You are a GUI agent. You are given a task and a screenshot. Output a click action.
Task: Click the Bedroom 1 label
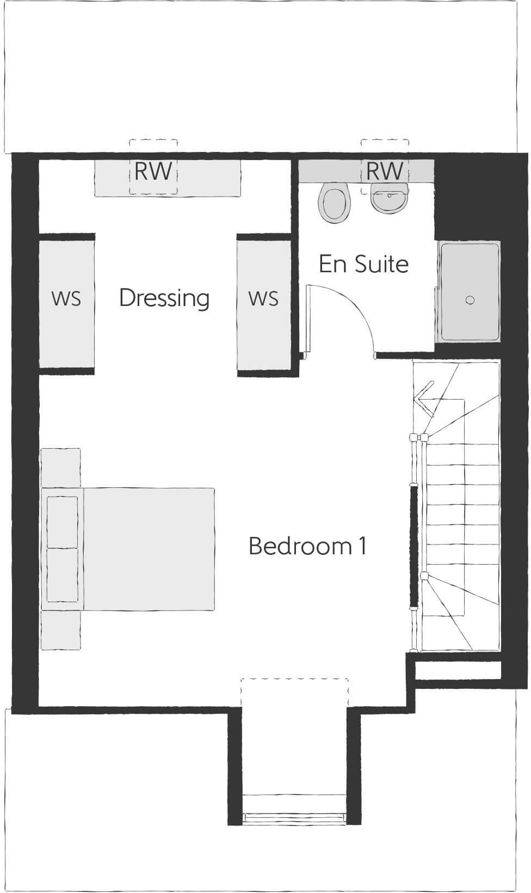pyautogui.click(x=307, y=546)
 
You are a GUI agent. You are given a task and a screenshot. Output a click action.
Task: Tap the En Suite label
pyautogui.click(x=363, y=264)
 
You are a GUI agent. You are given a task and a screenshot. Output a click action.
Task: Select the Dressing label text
pyautogui.click(x=164, y=298)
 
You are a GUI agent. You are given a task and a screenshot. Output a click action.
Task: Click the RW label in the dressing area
pyautogui.click(x=153, y=172)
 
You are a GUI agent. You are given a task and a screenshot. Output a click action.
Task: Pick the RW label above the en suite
pyautogui.click(x=385, y=172)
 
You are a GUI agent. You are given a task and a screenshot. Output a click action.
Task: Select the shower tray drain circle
pyautogui.click(x=470, y=300)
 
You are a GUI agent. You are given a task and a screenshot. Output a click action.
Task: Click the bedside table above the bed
pyautogui.click(x=61, y=467)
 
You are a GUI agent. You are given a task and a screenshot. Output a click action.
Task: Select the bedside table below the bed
pyautogui.click(x=61, y=630)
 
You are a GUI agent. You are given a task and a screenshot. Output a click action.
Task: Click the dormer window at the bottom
pyautogui.click(x=294, y=817)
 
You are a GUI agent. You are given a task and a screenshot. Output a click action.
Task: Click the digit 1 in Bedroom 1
pyautogui.click(x=363, y=546)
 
